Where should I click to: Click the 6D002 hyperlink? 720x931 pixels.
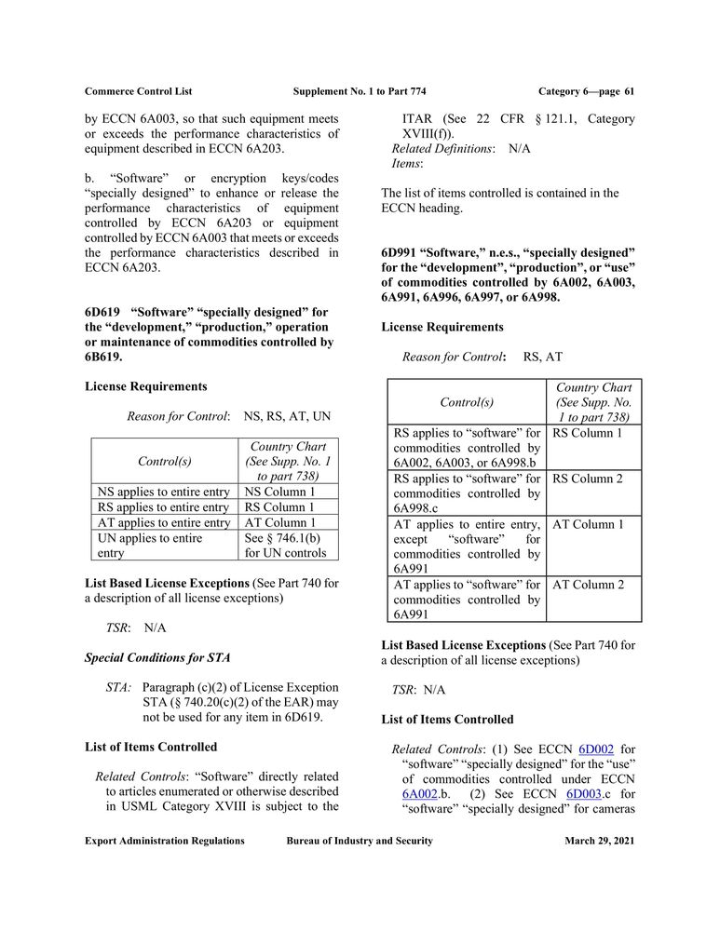click(x=594, y=749)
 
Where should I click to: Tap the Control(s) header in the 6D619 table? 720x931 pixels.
click(x=165, y=461)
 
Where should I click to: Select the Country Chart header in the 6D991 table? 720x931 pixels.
click(x=593, y=402)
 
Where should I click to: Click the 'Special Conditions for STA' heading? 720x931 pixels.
click(x=157, y=657)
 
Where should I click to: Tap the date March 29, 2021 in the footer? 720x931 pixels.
click(x=599, y=841)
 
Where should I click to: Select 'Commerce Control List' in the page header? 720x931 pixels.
click(x=138, y=91)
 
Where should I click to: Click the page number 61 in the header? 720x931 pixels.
click(x=629, y=91)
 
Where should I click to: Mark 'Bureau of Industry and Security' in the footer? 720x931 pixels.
click(x=360, y=841)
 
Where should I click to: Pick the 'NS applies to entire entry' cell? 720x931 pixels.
click(x=163, y=492)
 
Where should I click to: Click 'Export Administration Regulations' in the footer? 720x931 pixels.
click(x=165, y=841)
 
